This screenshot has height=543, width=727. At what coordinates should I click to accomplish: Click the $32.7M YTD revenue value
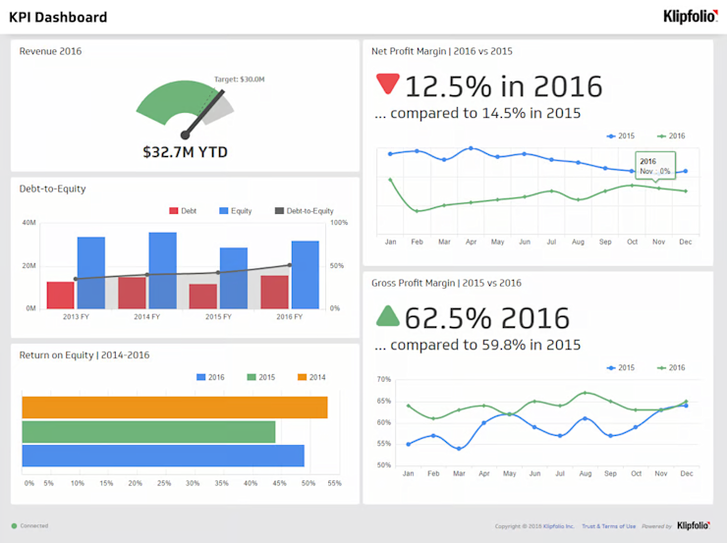(184, 152)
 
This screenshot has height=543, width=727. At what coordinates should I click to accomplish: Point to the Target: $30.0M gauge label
(239, 79)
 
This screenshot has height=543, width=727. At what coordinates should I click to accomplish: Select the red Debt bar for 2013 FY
(61, 295)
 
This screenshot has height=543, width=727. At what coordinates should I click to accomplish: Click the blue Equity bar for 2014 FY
(162, 270)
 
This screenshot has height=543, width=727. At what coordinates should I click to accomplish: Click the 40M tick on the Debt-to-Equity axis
(28, 223)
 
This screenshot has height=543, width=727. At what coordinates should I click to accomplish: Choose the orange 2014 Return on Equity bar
(174, 407)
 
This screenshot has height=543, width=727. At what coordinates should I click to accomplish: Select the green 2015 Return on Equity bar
(148, 432)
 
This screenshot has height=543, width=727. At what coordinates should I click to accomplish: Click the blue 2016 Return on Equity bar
(162, 456)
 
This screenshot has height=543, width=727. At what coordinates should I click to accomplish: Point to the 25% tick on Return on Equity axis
(163, 483)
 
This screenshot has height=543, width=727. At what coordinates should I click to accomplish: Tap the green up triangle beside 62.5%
(387, 315)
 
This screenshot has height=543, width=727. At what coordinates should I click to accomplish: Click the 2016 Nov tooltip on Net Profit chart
(654, 166)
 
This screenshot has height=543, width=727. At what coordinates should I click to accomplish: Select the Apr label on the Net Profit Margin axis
(471, 242)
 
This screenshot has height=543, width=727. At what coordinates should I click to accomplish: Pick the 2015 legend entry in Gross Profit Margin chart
(621, 367)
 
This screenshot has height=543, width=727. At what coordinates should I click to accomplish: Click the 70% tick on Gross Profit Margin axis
(383, 379)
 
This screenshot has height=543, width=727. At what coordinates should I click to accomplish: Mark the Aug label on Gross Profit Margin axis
(586, 473)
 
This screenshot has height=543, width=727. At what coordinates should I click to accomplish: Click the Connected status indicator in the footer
(29, 526)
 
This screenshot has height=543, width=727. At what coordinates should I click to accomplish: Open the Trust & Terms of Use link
(608, 526)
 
